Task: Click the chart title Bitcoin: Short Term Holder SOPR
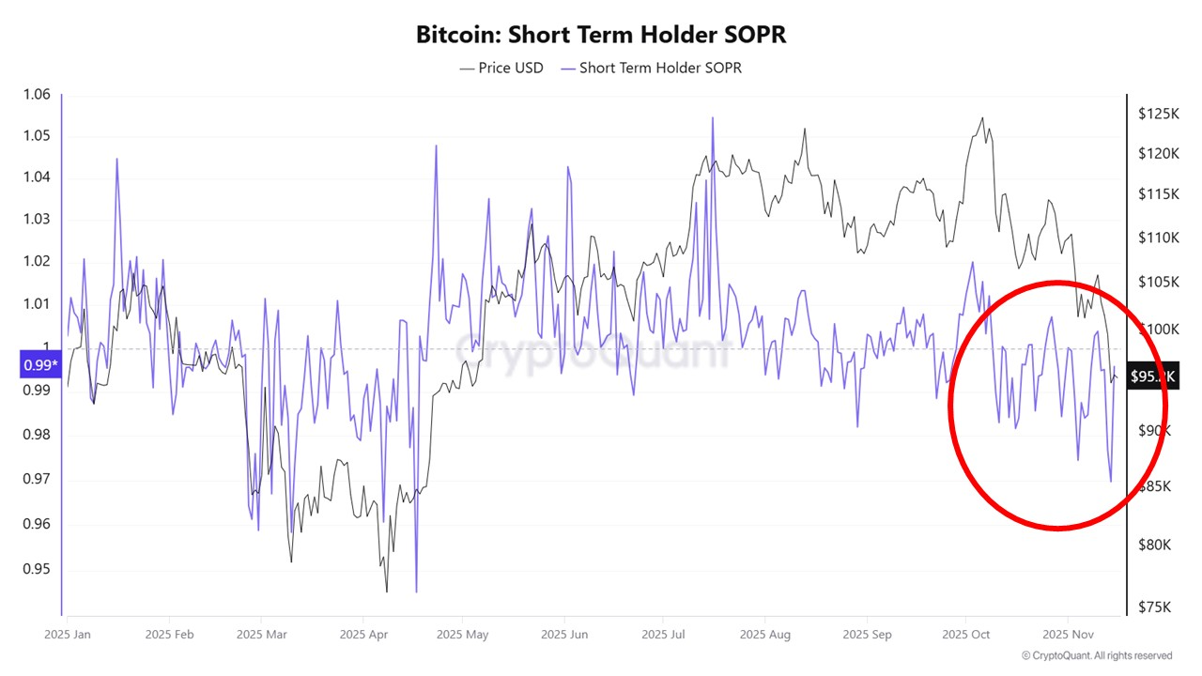pyautogui.click(x=601, y=35)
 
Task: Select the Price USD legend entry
pyautogui.click(x=501, y=68)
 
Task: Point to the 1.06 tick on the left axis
pyautogui.click(x=37, y=94)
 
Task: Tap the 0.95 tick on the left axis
pyautogui.click(x=37, y=570)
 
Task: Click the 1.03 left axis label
pyautogui.click(x=37, y=219)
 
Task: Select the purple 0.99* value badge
pyautogui.click(x=39, y=364)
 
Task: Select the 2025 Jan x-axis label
pyautogui.click(x=68, y=635)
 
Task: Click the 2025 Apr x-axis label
pyautogui.click(x=365, y=635)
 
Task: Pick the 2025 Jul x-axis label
pyautogui.click(x=662, y=635)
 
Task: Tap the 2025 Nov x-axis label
pyautogui.click(x=1068, y=635)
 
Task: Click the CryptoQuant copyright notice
pyautogui.click(x=1096, y=655)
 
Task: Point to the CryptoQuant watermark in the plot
pyautogui.click(x=592, y=349)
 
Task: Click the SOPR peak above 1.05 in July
pyautogui.click(x=712, y=118)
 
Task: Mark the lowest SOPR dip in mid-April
pyautogui.click(x=415, y=591)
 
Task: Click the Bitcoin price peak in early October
pyautogui.click(x=982, y=118)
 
